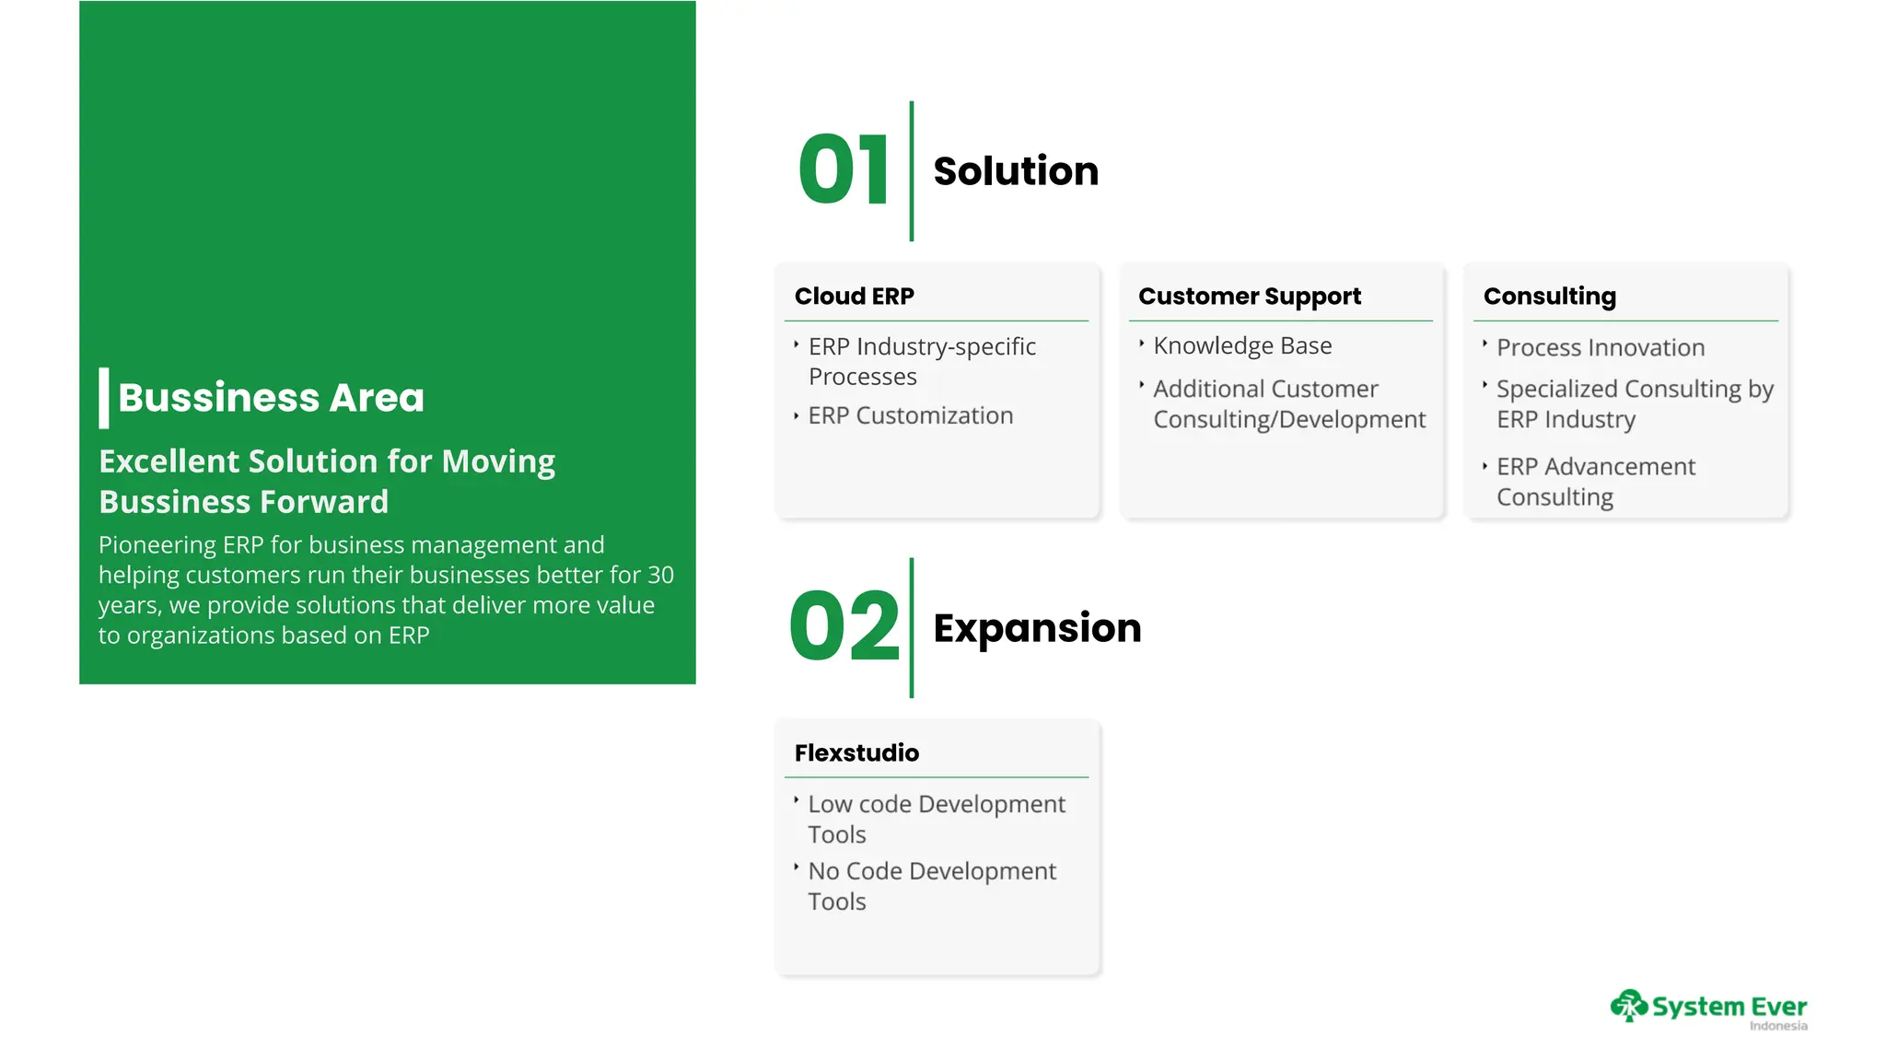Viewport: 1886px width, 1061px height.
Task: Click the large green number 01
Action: coord(843,170)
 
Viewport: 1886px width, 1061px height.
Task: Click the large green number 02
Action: coord(844,627)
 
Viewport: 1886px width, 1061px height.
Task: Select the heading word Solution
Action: coord(1015,171)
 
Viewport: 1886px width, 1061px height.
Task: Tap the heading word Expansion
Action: coord(1037,628)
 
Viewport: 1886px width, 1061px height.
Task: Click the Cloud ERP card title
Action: coord(854,297)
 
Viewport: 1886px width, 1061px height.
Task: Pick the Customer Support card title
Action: coord(1249,297)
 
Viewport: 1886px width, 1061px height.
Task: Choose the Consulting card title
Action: coord(1549,297)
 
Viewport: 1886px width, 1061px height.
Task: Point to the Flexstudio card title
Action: coord(856,753)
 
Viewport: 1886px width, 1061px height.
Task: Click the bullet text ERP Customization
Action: coord(910,416)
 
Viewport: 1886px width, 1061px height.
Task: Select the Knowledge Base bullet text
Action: coord(1241,346)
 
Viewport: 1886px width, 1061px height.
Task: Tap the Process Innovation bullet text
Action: coord(1600,348)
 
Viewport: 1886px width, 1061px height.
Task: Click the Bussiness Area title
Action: coord(271,398)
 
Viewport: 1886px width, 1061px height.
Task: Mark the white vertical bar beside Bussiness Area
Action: coord(104,398)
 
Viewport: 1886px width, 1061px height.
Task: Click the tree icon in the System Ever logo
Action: coord(1628,1006)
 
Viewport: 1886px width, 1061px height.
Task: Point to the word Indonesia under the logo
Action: coord(1777,1026)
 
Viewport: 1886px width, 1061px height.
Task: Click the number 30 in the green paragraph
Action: coord(660,576)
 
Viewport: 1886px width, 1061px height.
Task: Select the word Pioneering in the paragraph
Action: coord(157,545)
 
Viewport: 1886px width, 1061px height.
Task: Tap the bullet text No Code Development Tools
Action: coord(931,886)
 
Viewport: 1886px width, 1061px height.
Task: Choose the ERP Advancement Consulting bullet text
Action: coord(1595,482)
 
